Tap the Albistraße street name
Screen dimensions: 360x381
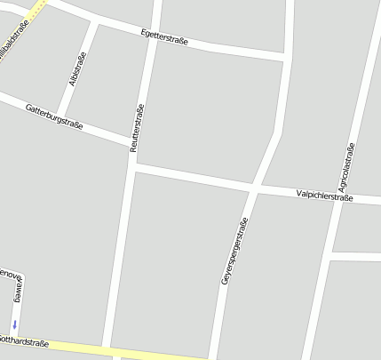point(77,68)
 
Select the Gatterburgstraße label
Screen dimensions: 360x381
point(54,117)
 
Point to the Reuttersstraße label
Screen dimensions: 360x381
point(137,129)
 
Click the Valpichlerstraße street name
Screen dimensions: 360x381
point(325,196)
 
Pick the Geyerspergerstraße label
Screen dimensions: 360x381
point(234,252)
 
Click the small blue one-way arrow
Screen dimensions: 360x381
point(14,324)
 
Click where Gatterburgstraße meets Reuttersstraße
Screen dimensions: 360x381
point(133,142)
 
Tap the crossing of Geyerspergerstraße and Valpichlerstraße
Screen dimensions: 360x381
point(254,188)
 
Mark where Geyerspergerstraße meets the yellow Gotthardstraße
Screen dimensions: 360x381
point(213,357)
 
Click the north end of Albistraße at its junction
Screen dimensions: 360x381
point(92,21)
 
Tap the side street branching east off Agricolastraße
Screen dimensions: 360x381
point(355,256)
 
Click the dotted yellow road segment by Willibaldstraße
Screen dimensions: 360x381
point(36,9)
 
